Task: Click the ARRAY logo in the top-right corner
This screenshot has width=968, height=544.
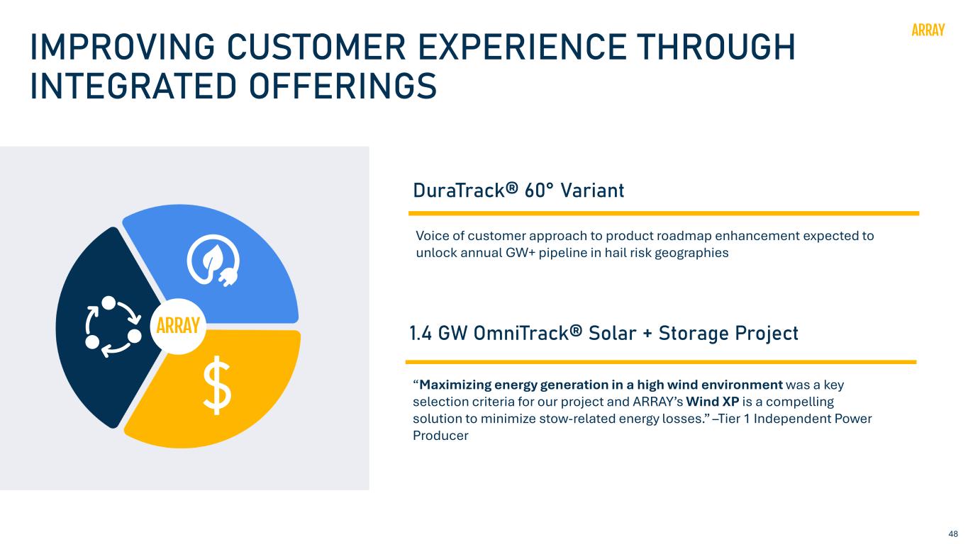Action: (x=928, y=30)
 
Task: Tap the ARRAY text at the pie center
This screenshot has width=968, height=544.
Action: (x=177, y=325)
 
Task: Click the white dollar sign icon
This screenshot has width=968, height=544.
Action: (x=217, y=385)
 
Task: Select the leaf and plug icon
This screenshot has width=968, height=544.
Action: (x=213, y=261)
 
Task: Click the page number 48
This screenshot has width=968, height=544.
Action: (x=953, y=533)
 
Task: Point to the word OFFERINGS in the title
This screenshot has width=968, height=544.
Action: (x=343, y=86)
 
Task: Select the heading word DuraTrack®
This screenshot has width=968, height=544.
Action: (x=465, y=191)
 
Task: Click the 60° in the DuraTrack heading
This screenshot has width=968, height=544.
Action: (x=538, y=191)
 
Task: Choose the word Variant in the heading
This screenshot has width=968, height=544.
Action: (x=592, y=191)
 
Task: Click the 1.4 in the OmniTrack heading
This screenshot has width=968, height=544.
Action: (x=421, y=334)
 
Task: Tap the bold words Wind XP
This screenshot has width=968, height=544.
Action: (x=712, y=402)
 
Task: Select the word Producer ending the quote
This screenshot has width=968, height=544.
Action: (x=440, y=435)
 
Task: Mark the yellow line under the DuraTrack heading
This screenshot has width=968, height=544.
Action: (x=664, y=213)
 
